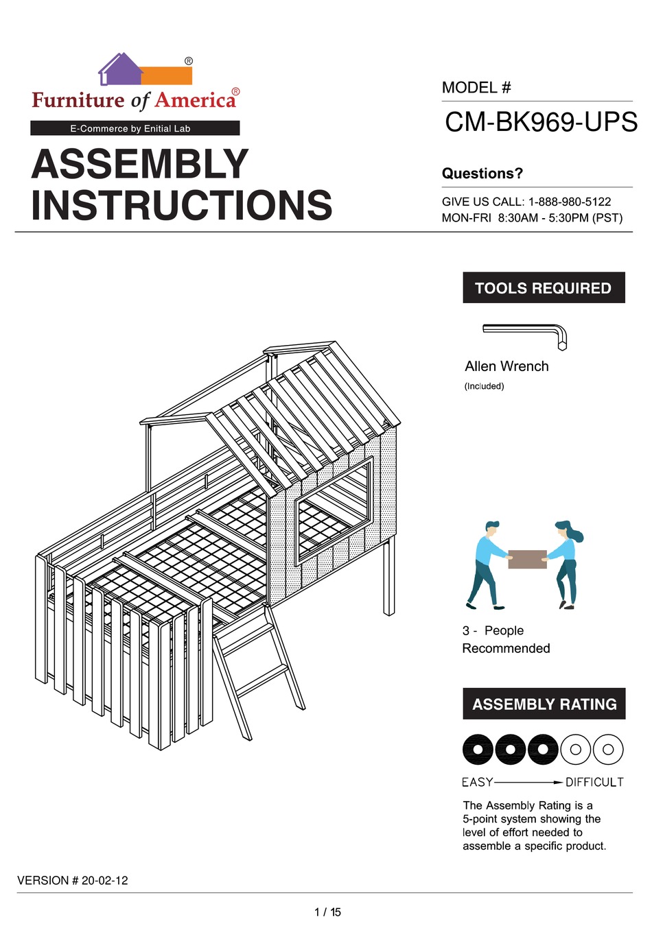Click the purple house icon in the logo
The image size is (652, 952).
pos(119,70)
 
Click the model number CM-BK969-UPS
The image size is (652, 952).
pos(541,123)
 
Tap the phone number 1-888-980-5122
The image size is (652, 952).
pos(569,202)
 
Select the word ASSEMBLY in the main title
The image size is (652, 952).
pos(140,165)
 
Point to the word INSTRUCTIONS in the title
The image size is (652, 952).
pos(182,205)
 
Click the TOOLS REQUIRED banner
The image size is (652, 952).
pos(544,288)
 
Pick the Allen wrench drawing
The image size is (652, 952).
pos(526,334)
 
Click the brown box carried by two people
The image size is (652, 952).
pos(527,559)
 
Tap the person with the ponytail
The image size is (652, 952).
pos(567,562)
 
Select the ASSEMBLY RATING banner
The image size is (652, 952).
pos(544,704)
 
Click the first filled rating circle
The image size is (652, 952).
pos(478,749)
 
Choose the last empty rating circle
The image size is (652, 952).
pos(608,749)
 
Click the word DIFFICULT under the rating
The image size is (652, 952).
pos(594,782)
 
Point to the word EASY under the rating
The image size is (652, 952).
pos(478,782)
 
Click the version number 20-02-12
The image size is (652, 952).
pos(104,880)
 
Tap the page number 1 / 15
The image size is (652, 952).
pos(327,912)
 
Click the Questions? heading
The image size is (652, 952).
pos(482,174)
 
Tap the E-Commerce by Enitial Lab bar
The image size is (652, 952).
pos(135,128)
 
